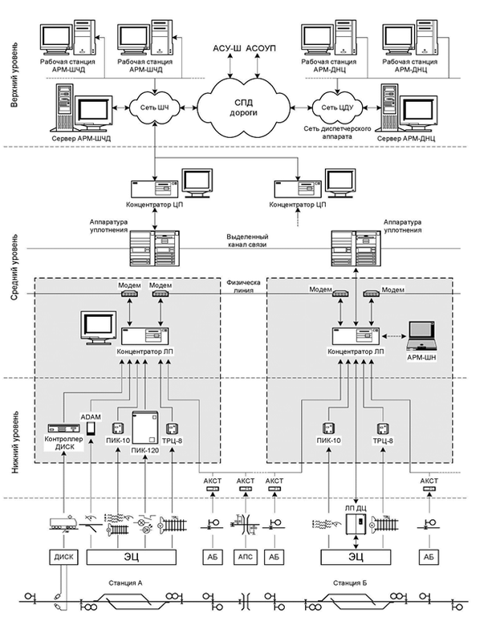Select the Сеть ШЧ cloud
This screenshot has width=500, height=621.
[149, 107]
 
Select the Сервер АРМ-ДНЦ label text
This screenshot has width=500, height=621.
[413, 140]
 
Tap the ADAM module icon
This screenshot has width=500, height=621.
[90, 429]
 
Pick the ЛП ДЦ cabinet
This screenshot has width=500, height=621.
[354, 525]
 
